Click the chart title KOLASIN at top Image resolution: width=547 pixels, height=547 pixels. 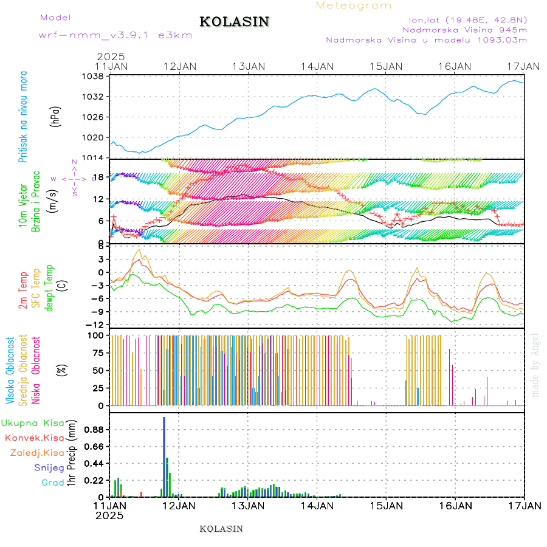234,22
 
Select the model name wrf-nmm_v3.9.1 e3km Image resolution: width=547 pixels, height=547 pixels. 115,35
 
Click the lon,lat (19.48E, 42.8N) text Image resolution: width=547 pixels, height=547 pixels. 467,19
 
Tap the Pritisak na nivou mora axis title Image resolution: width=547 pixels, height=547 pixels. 23,117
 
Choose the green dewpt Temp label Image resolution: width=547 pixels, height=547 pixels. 49,286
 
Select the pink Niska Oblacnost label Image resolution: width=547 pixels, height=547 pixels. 36,371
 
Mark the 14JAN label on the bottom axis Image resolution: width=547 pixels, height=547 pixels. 317,505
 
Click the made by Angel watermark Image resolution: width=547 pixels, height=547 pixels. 535,365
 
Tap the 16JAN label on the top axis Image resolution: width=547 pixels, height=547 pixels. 454,66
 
